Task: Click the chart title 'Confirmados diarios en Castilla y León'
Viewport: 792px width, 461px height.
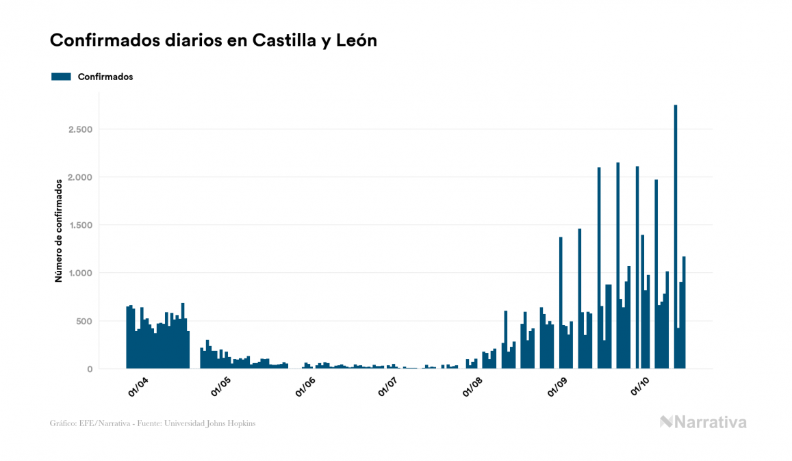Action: point(214,41)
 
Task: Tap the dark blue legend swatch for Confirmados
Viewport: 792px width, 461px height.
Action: point(62,77)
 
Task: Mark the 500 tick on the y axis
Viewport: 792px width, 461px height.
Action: point(84,321)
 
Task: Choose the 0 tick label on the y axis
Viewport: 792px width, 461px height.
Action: point(90,369)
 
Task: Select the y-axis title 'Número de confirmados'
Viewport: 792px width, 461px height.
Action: point(60,230)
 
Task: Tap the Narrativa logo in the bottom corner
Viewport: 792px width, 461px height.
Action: point(703,422)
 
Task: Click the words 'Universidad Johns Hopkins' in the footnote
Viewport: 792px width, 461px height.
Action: point(216,423)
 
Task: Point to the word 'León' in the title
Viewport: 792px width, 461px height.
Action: point(355,41)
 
